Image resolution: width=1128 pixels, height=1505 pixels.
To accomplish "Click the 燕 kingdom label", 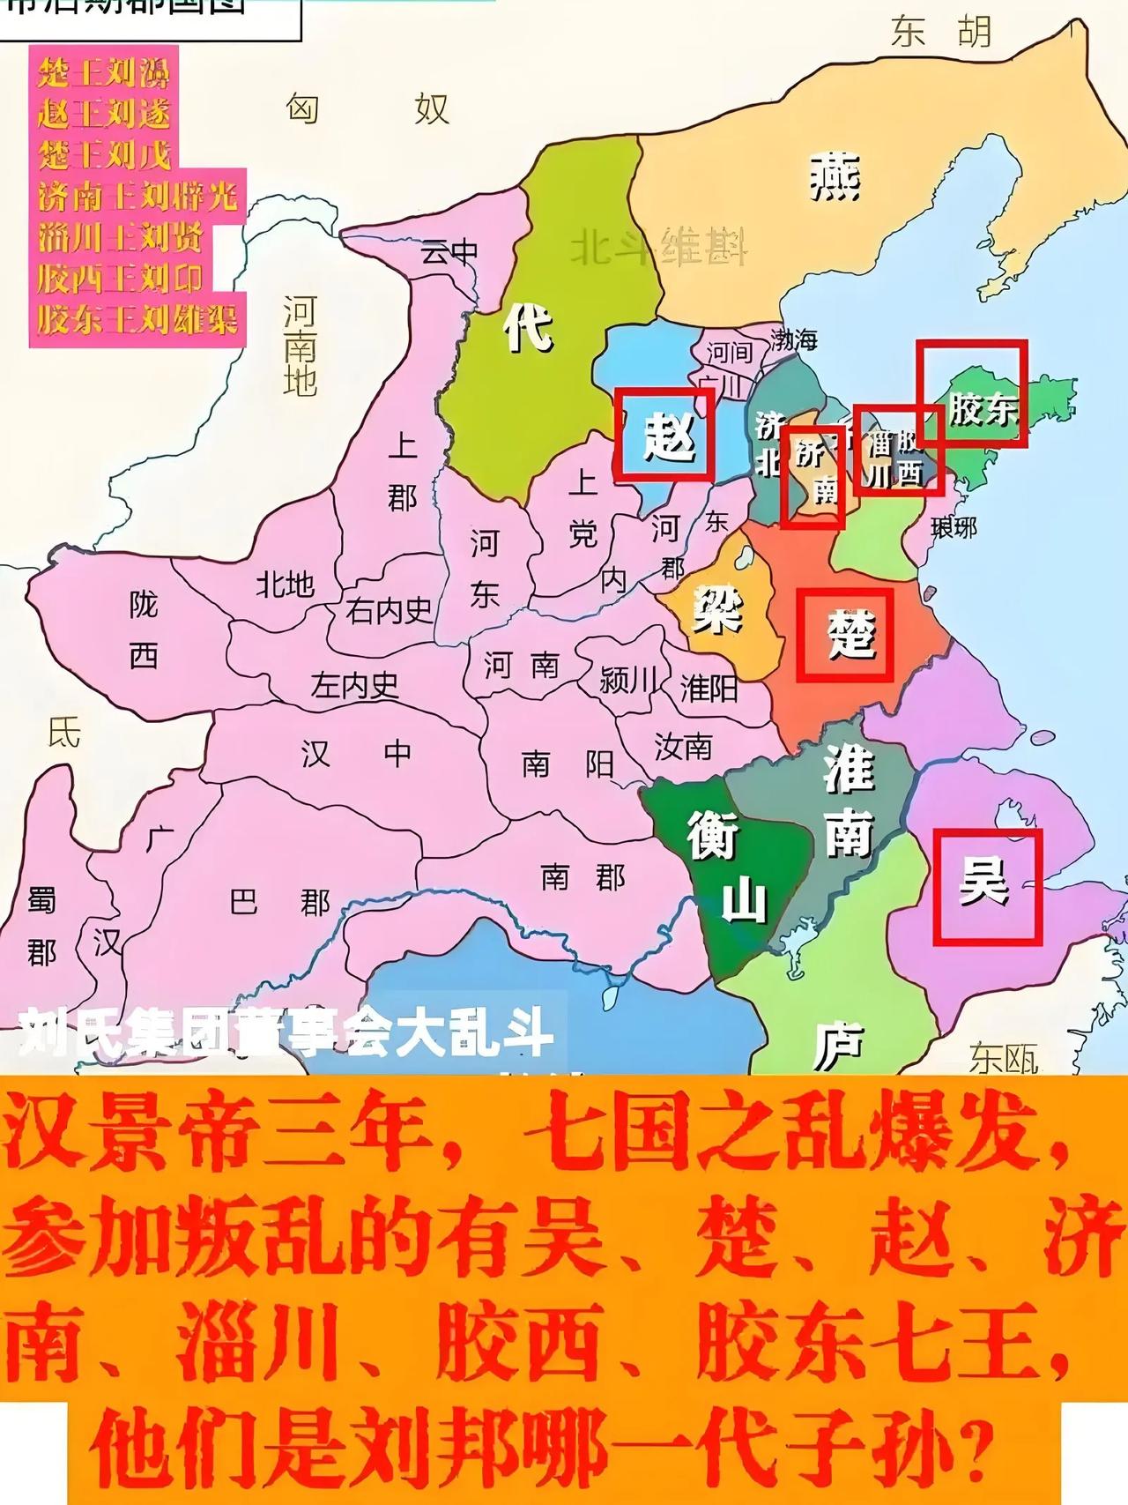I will point(834,175).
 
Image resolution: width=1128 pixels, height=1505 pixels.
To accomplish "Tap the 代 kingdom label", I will point(529,327).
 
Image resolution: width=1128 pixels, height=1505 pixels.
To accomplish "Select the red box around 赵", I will point(664,435).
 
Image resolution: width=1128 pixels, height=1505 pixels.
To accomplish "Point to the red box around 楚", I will point(845,635).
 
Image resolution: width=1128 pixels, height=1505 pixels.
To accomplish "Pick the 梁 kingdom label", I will point(717,608).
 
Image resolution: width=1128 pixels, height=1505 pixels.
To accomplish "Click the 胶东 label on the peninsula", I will point(982,408).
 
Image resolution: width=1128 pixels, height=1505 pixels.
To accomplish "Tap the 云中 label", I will point(449,252).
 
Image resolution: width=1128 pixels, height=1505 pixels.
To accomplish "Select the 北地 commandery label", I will point(285,583).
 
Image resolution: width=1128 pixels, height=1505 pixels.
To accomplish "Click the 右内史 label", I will point(390,610).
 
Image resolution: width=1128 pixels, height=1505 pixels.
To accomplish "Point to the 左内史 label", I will point(354,685).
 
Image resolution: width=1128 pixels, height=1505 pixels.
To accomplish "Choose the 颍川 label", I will point(628,680).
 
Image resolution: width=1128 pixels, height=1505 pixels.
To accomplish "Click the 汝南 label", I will point(683,747).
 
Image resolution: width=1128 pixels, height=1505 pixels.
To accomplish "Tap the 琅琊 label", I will point(954,527).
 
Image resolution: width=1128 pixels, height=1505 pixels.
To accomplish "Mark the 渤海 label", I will point(794,339).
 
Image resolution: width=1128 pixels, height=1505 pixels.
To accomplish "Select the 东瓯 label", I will point(1004,1058).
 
